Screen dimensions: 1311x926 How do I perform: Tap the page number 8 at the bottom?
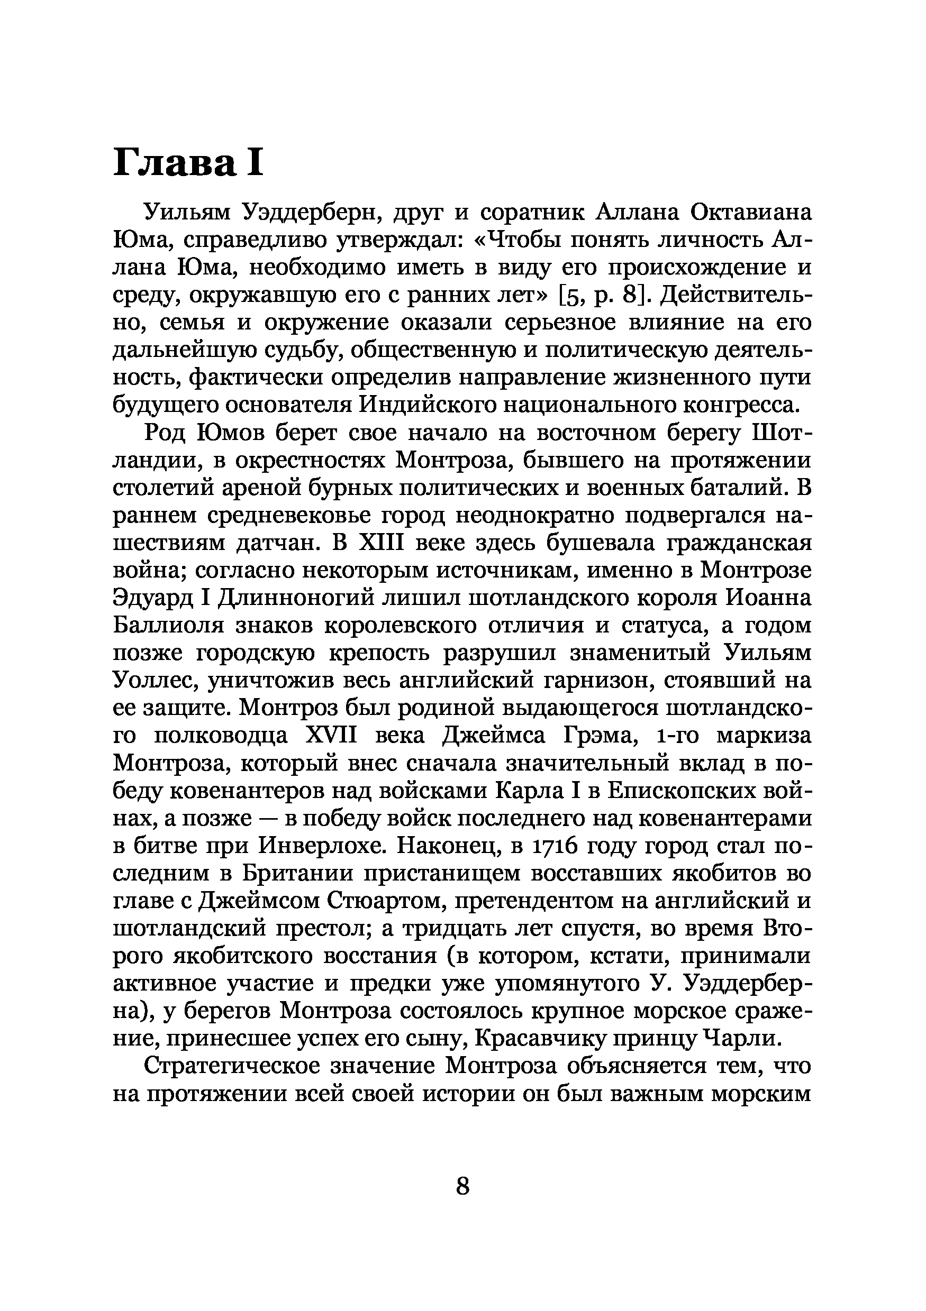(x=462, y=1186)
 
